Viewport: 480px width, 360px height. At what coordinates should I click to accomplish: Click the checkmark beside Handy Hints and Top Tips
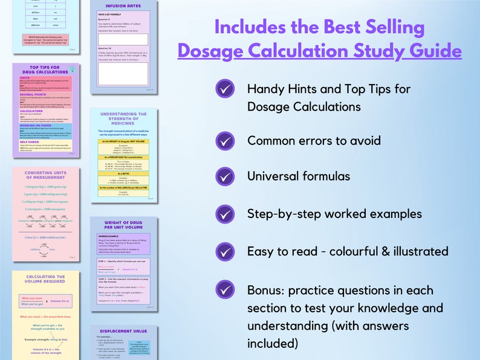(x=225, y=89)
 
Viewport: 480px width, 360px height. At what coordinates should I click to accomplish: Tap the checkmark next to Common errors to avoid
(x=225, y=141)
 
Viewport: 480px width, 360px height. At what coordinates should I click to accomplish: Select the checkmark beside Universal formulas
(x=225, y=177)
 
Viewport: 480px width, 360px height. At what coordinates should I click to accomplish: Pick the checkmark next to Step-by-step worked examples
(x=225, y=214)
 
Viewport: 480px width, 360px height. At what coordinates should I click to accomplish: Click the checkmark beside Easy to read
(x=225, y=251)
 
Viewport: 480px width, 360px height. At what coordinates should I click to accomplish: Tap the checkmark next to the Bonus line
(x=225, y=290)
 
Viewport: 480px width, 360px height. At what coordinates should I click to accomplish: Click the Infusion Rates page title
(x=123, y=6)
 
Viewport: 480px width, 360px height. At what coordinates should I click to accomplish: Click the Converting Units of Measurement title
(x=46, y=176)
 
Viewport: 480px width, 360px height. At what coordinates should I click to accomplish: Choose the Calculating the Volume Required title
(x=46, y=280)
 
